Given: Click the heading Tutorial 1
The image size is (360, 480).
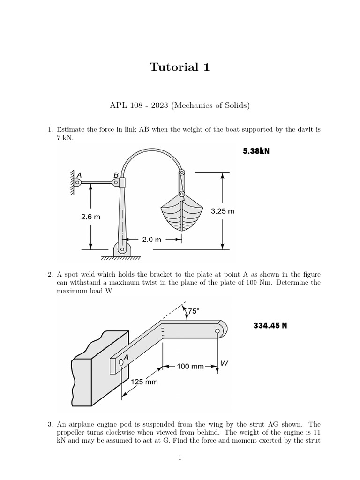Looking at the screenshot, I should (x=180, y=67).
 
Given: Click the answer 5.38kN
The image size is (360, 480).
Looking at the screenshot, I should (x=256, y=151).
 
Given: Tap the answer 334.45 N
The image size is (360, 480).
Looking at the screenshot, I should (x=270, y=325).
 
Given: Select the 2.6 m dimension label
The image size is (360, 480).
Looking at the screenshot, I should (x=90, y=217).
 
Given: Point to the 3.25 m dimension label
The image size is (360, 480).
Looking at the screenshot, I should (x=222, y=211).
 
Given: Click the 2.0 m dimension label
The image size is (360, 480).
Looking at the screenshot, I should (x=151, y=239).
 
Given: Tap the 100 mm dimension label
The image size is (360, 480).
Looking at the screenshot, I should (x=190, y=366).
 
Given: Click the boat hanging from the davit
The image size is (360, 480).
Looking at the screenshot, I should (x=181, y=215).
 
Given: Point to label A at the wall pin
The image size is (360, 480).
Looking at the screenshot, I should (x=79, y=174).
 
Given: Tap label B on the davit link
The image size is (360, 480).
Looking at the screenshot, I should (x=116, y=175).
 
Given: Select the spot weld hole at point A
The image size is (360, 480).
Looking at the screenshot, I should (x=121, y=361).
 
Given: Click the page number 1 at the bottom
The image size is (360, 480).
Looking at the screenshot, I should (x=180, y=458).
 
